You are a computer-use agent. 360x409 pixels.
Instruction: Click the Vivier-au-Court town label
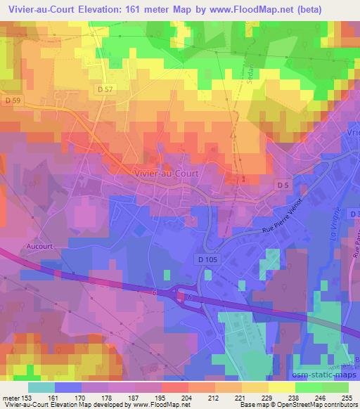tap(167, 171)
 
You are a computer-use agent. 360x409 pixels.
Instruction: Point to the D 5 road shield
tap(283, 184)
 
